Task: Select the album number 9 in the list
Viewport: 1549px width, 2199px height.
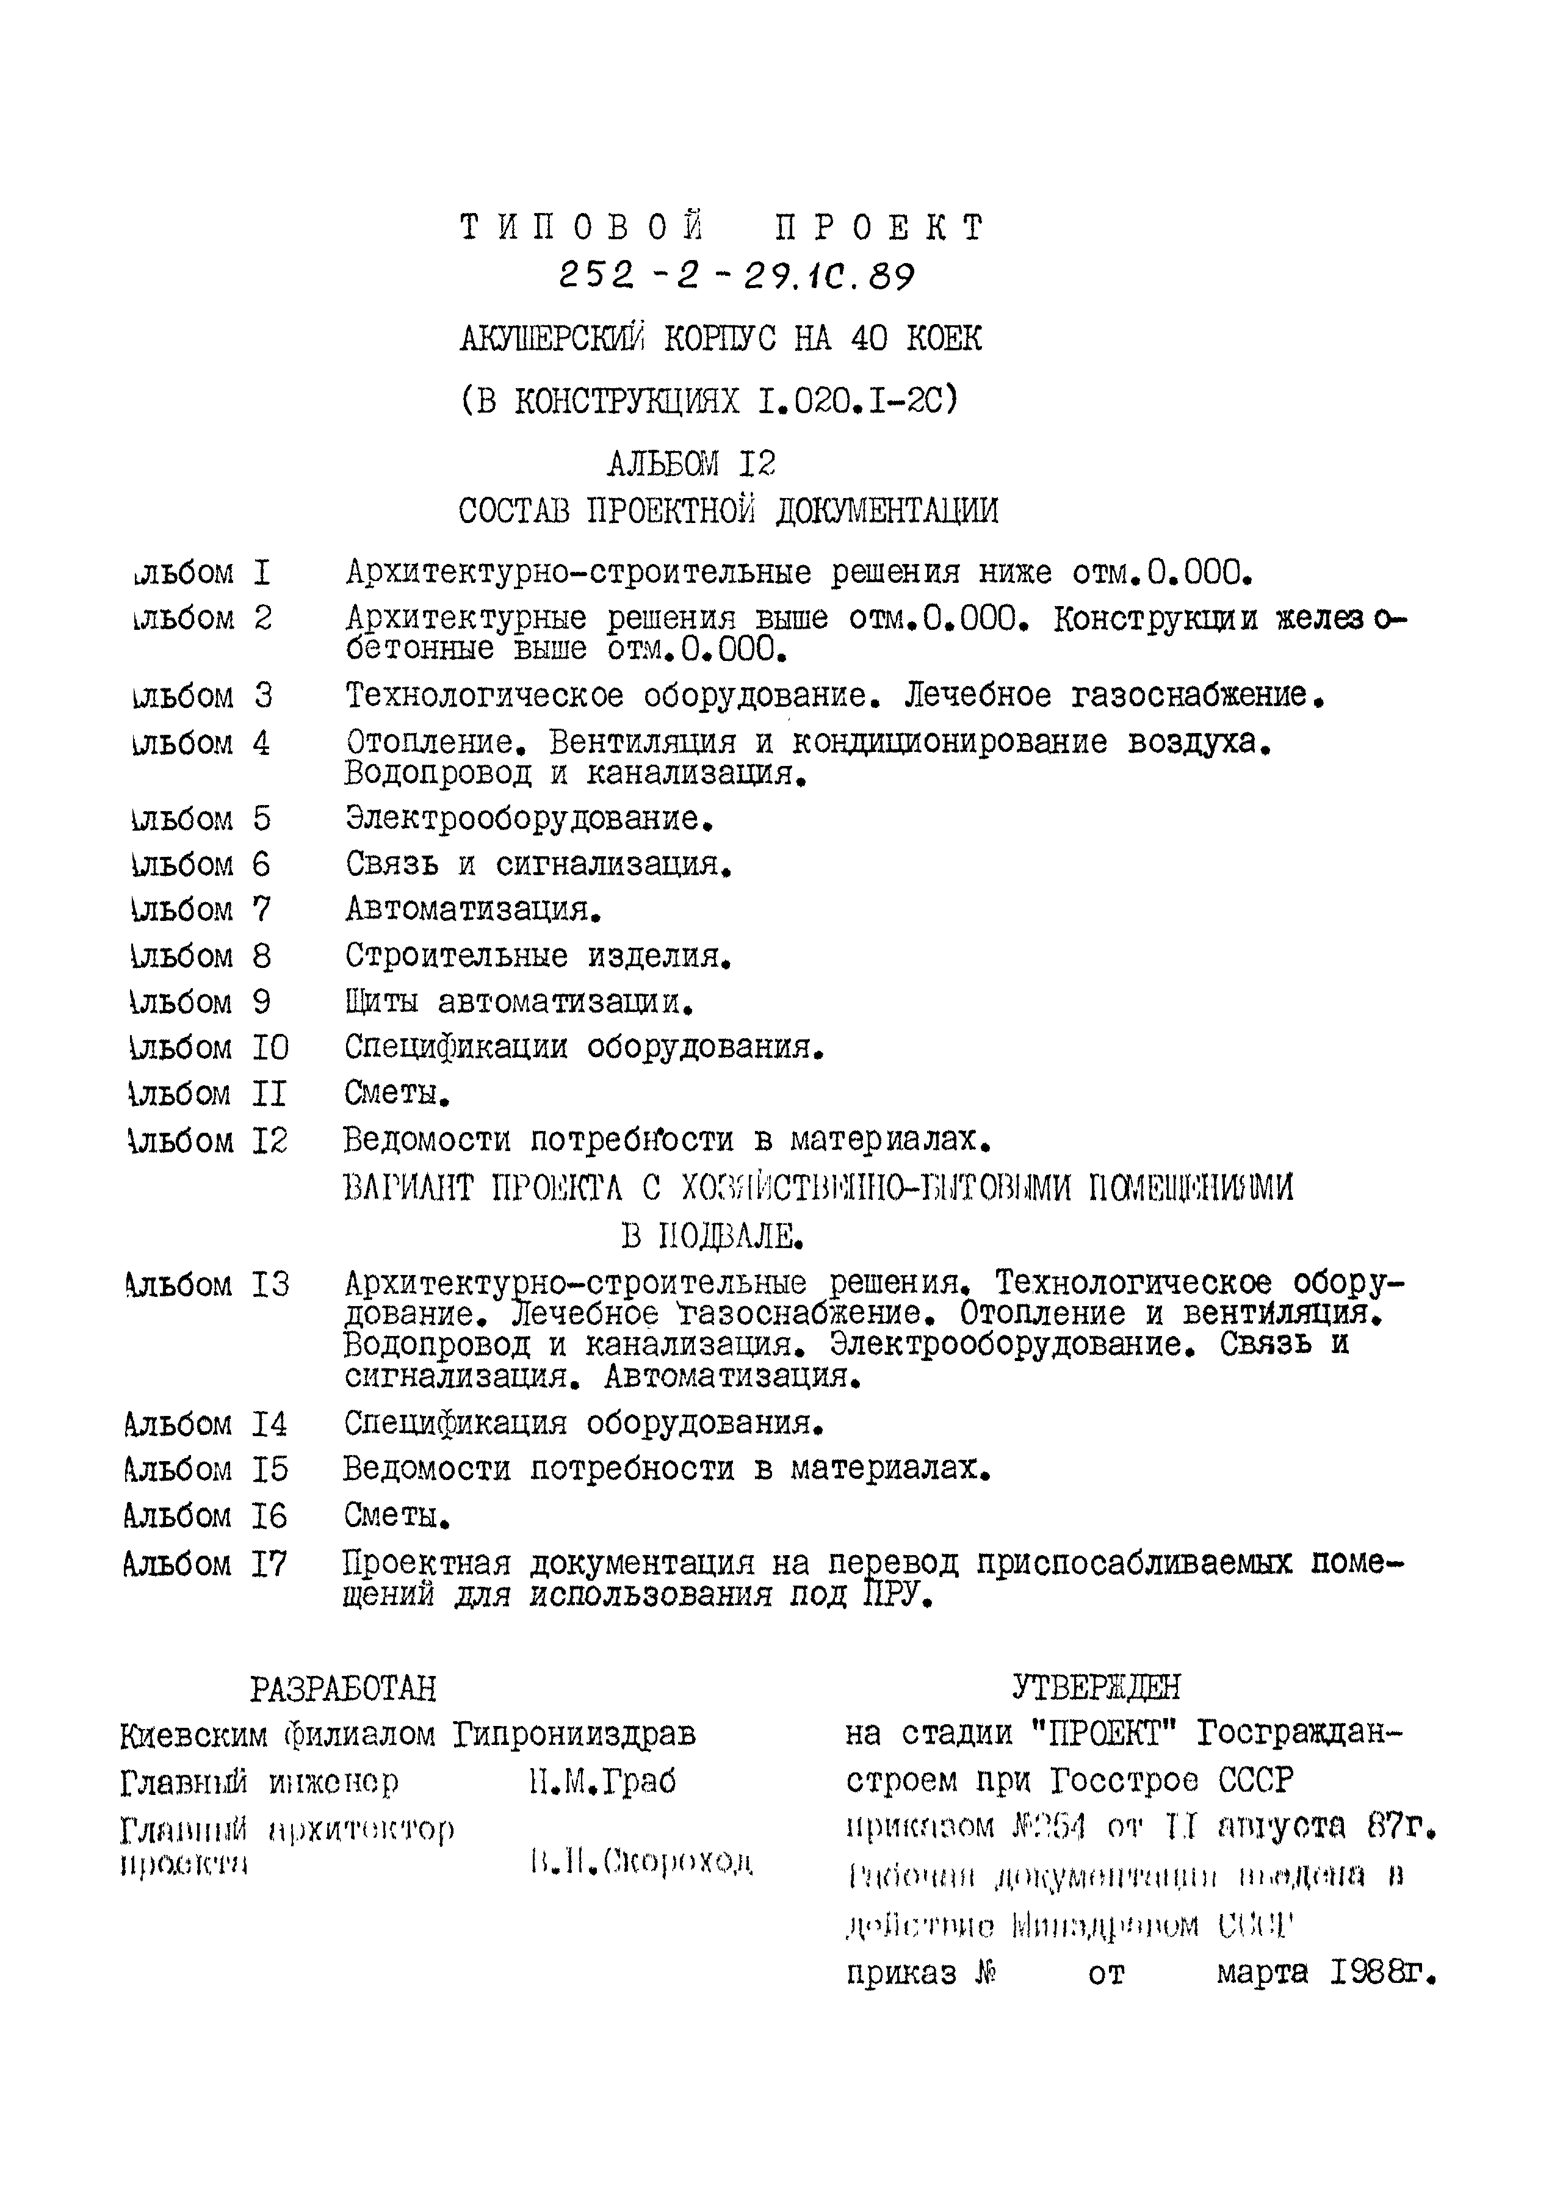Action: coord(261,1002)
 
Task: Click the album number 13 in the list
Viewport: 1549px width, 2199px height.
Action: coord(270,1284)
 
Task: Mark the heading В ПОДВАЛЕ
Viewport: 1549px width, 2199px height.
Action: coord(711,1237)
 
